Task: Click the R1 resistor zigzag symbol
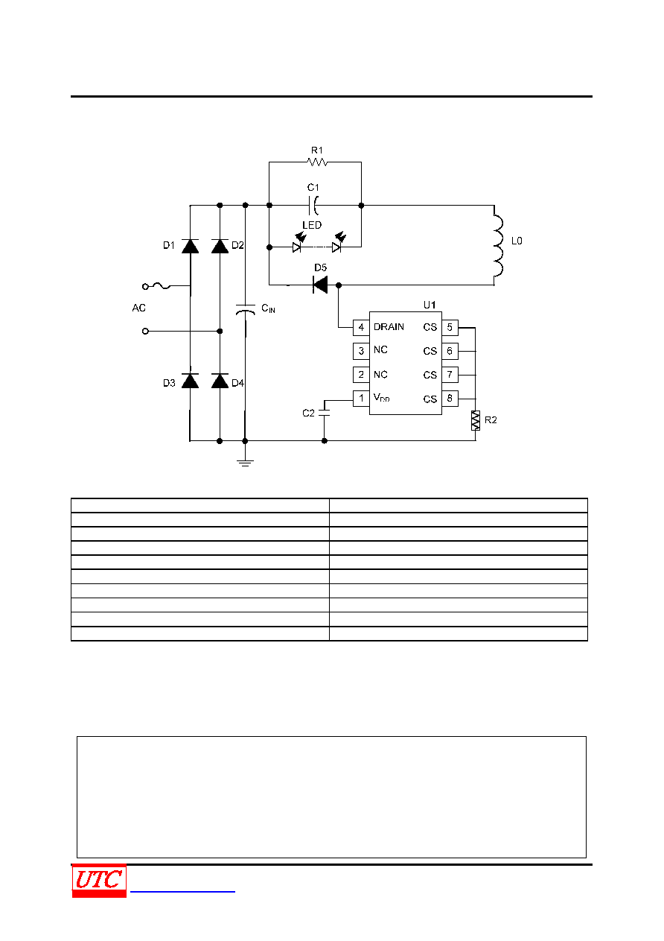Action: tap(317, 162)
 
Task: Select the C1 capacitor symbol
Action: tap(313, 206)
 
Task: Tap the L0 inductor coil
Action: tap(498, 246)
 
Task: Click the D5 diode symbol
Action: tap(320, 285)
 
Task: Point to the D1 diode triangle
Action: tap(190, 246)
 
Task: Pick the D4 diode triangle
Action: tap(220, 381)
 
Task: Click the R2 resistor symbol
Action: tap(476, 420)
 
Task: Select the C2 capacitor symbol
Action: tap(324, 412)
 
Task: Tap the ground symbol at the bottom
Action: tap(245, 463)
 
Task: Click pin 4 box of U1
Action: tap(361, 327)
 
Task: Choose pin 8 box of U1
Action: tap(450, 399)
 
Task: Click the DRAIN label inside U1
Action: tap(389, 327)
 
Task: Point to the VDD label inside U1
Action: tap(382, 397)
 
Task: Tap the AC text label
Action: tap(138, 308)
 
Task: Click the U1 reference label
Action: tap(430, 305)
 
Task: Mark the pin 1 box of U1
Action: tap(361, 399)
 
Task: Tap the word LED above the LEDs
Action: tap(312, 225)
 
